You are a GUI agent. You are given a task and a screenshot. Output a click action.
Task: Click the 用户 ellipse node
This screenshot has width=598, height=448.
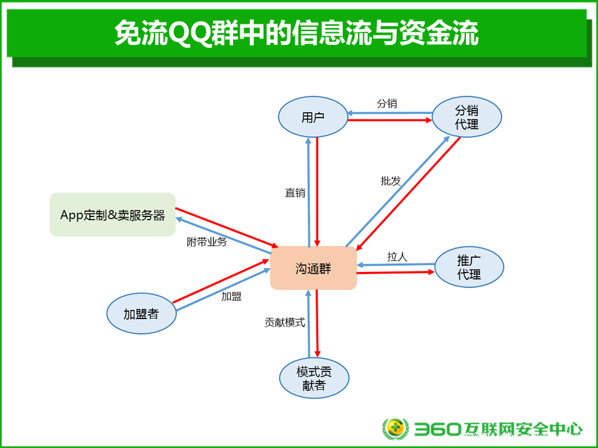click(x=313, y=117)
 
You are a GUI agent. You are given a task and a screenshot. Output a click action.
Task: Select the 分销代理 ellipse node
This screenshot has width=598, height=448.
click(x=467, y=116)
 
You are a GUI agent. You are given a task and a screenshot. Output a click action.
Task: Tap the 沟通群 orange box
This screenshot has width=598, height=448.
click(x=313, y=268)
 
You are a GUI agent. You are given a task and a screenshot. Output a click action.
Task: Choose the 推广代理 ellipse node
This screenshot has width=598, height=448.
click(x=468, y=267)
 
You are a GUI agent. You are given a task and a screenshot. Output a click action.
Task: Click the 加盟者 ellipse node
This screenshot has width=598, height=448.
click(x=141, y=314)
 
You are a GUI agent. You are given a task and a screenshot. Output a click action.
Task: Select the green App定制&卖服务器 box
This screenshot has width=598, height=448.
click(x=113, y=215)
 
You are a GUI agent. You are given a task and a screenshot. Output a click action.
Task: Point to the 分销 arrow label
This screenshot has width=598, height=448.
click(x=387, y=103)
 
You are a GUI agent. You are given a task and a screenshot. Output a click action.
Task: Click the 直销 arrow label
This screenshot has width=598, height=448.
click(x=295, y=193)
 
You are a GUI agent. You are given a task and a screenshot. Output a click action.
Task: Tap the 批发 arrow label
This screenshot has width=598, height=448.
click(x=391, y=181)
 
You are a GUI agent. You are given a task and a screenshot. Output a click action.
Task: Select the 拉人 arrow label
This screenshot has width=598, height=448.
click(x=397, y=257)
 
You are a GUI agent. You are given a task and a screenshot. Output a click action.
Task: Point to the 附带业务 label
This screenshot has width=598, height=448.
click(x=207, y=242)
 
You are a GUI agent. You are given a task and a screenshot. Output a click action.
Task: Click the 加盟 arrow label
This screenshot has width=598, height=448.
click(x=231, y=296)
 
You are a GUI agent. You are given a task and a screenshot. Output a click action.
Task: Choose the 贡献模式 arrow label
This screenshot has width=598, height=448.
click(x=285, y=323)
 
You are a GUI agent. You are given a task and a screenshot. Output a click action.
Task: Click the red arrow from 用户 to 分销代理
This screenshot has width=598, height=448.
click(x=390, y=120)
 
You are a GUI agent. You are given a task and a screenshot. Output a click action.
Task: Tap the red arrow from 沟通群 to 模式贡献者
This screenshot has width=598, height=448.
click(x=317, y=324)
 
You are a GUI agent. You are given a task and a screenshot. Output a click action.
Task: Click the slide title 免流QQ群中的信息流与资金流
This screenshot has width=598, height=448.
click(x=297, y=33)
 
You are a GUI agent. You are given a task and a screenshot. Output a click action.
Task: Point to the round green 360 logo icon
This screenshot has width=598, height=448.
click(x=396, y=429)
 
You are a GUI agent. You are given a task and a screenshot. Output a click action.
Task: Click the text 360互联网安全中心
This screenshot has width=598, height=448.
click(x=498, y=429)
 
